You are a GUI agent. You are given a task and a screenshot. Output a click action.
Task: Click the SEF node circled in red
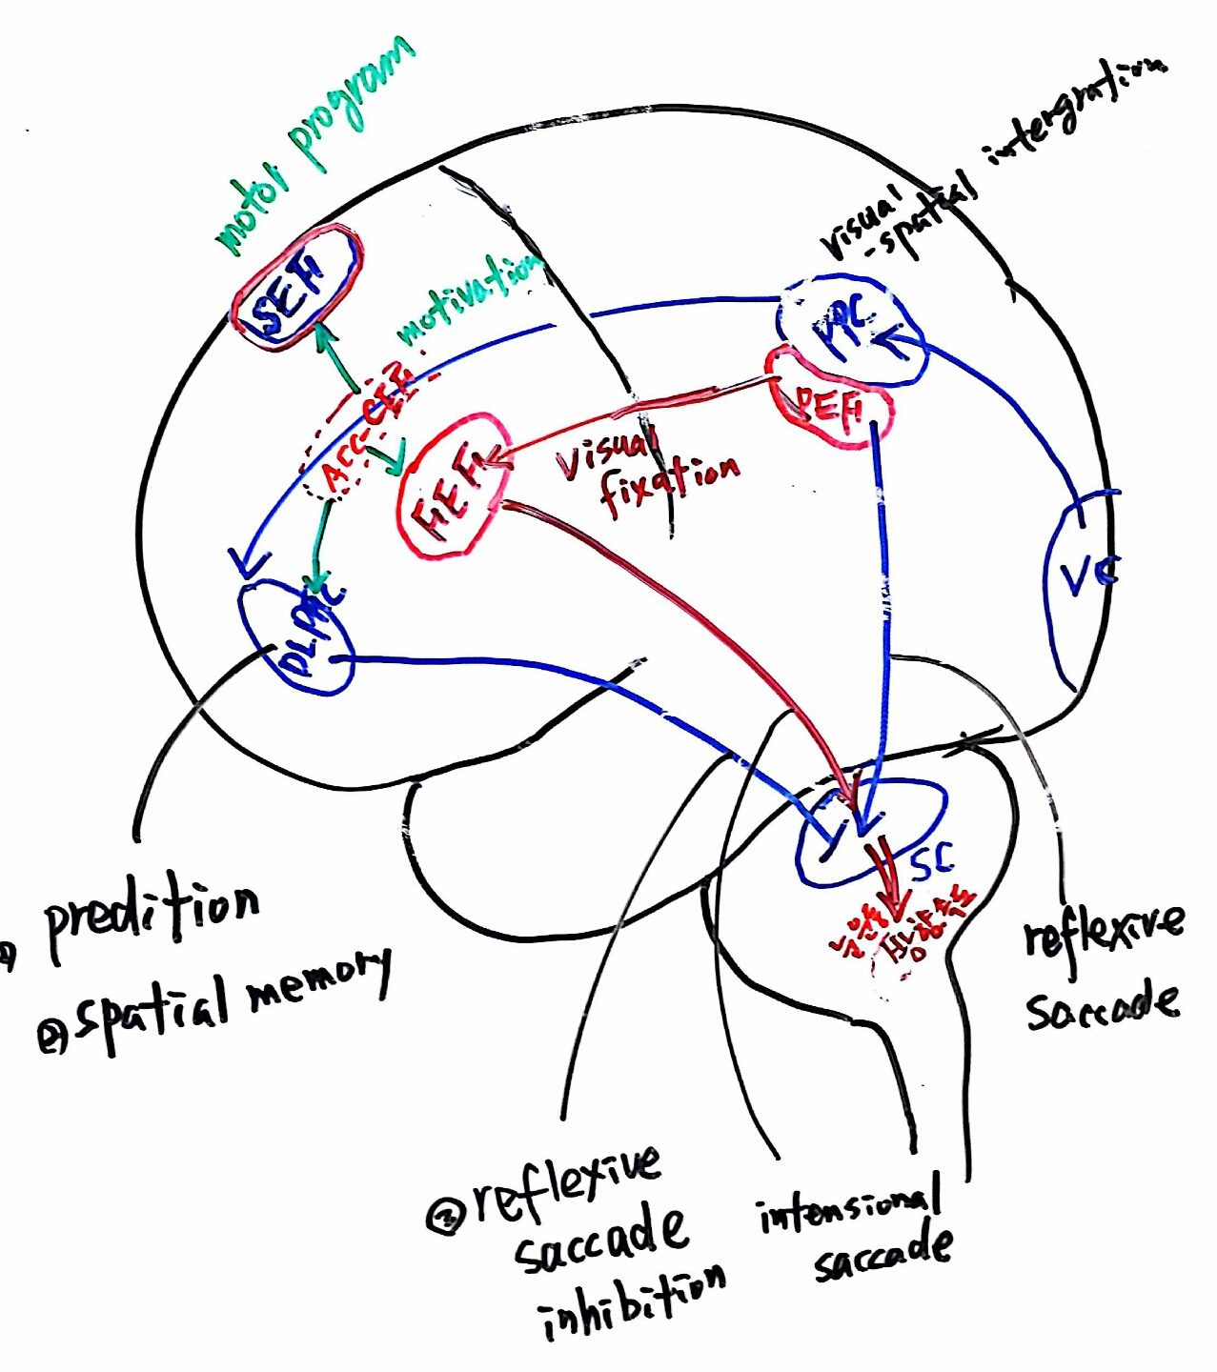[x=295, y=288]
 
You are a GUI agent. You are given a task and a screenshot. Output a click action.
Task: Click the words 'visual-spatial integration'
[x=982, y=162]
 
